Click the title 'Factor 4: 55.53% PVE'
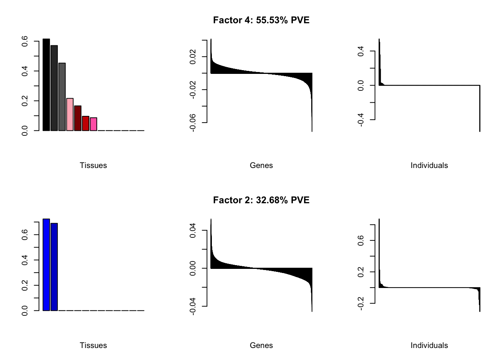pyautogui.click(x=261, y=20)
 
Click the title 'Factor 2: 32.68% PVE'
pyautogui.click(x=261, y=200)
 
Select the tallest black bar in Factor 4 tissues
pyautogui.click(x=46, y=85)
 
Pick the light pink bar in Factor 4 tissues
pyautogui.click(x=70, y=114)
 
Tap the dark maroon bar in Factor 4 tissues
pyautogui.click(x=78, y=118)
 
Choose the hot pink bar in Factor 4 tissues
pyautogui.click(x=93, y=124)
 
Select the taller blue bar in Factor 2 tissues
pyautogui.click(x=46, y=265)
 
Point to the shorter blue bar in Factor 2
pyautogui.click(x=54, y=267)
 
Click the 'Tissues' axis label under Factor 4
pyautogui.click(x=93, y=165)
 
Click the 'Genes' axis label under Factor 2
pyautogui.click(x=261, y=345)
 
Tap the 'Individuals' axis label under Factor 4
pyautogui.click(x=429, y=165)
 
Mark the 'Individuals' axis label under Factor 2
pyautogui.click(x=429, y=345)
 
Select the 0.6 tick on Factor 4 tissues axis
pyautogui.click(x=25, y=41)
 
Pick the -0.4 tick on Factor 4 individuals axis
pyautogui.click(x=361, y=120)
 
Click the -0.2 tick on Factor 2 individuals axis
pyautogui.click(x=361, y=303)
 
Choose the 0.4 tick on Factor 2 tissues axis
pyautogui.click(x=25, y=260)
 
